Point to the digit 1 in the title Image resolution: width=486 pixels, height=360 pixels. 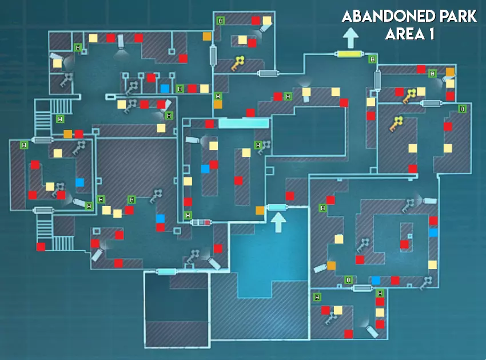pos(431,34)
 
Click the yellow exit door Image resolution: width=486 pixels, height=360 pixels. pos(350,54)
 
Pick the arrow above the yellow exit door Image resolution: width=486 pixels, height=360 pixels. pos(350,38)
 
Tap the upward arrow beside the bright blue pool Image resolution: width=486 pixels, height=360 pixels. pos(278,222)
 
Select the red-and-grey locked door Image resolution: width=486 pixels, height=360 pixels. pos(201,222)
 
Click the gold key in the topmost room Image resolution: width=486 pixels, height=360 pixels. pos(238,64)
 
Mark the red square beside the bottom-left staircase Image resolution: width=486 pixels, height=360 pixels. pos(41,247)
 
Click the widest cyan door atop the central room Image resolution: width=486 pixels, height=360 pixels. pos(244,123)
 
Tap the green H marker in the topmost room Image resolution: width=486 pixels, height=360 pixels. pos(221,21)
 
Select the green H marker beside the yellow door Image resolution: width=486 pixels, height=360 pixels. pos(373,59)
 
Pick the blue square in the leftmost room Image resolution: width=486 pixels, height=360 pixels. pos(79,182)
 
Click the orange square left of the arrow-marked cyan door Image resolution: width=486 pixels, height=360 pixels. pos(260,210)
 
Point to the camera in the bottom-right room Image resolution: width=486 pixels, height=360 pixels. pos(372,330)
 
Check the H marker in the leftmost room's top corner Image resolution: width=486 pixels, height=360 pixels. pos(24,145)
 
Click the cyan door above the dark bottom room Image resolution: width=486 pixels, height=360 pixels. pos(167,272)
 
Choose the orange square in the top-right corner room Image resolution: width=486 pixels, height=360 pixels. pos(450,72)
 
